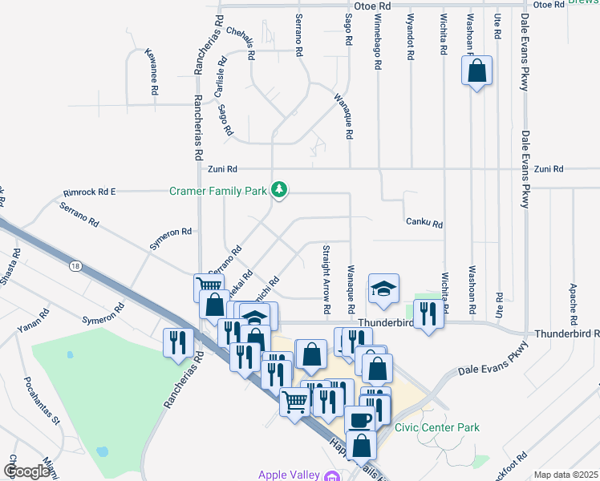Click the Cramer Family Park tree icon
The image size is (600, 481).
[x=279, y=190]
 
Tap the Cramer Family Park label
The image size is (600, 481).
[x=219, y=191]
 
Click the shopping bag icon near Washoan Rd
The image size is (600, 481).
[x=476, y=71]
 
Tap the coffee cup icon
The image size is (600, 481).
[x=359, y=419]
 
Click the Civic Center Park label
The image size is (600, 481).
[x=436, y=427]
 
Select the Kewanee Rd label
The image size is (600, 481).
[x=150, y=72]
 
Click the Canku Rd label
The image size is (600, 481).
[x=424, y=224]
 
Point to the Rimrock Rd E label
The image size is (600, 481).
[x=90, y=192]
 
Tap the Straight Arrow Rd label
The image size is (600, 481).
[x=326, y=278]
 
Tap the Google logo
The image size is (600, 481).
[x=26, y=471]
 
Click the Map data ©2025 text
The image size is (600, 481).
[x=566, y=475]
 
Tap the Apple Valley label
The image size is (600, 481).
[x=289, y=475]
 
